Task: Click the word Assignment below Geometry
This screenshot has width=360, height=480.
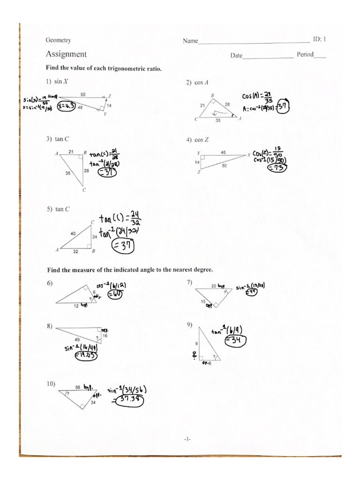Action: [66, 54]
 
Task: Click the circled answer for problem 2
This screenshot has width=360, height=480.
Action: [283, 107]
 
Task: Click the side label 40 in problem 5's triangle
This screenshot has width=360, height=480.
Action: [73, 233]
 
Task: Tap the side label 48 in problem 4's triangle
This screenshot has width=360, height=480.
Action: [223, 152]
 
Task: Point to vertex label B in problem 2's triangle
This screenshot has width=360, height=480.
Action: [212, 95]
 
